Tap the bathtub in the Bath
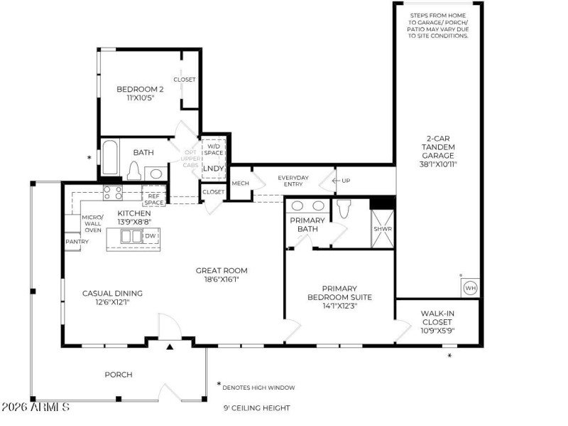coord(110,158)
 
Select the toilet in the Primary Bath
coord(344,208)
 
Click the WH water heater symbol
coord(470,288)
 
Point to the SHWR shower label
coord(383,229)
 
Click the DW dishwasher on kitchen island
coord(150,236)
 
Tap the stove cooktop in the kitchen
coord(112,192)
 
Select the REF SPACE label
coord(153,199)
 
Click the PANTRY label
coord(77,242)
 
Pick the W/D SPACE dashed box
coord(214,149)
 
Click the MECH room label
coord(240,183)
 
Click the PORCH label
coord(119,374)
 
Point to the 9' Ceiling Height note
coord(256,408)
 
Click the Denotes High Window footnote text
coord(258,388)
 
